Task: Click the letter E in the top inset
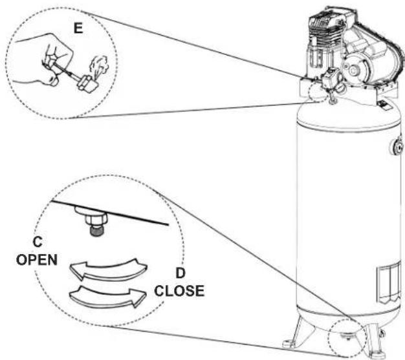click(78, 28)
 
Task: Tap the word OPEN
click(37, 260)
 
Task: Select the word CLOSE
click(179, 291)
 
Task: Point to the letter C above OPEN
click(38, 242)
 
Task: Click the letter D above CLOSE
click(181, 273)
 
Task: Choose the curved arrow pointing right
click(108, 296)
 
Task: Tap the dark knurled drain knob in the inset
click(96, 231)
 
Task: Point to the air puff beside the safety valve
click(98, 65)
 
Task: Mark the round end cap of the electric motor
click(353, 70)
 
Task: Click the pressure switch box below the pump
click(330, 78)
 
